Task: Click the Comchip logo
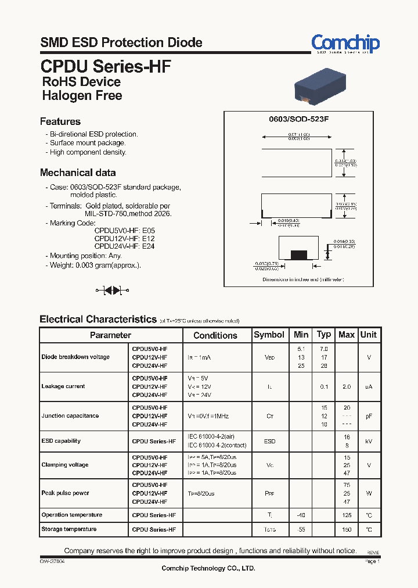click(x=345, y=44)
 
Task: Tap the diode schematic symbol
click(x=111, y=289)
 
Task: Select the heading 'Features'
click(x=60, y=121)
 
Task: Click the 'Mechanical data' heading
click(x=77, y=173)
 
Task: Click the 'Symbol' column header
click(x=269, y=335)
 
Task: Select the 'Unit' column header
click(x=368, y=335)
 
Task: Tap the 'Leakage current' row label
click(x=63, y=386)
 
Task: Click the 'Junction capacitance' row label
click(x=70, y=416)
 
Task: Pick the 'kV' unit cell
click(x=368, y=442)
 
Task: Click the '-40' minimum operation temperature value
click(x=300, y=515)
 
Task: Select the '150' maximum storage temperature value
click(x=346, y=530)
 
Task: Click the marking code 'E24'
click(x=148, y=246)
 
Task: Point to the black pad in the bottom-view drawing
click(x=298, y=254)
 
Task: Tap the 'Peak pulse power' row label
click(x=65, y=493)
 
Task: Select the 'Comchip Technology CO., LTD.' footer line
click(x=208, y=569)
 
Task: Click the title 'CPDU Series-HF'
click(x=106, y=66)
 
